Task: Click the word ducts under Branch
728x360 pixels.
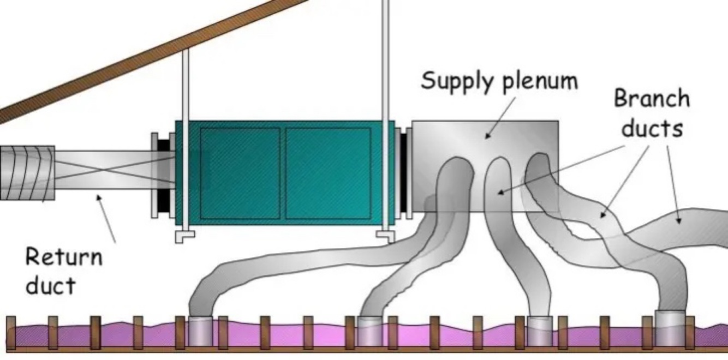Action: [x=653, y=129]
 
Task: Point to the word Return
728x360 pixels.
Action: [x=63, y=256]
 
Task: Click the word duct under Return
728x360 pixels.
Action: [x=50, y=285]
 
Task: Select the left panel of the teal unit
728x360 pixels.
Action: [x=240, y=173]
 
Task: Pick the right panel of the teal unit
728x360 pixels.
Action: [x=328, y=173]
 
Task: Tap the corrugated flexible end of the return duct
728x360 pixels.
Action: [x=27, y=173]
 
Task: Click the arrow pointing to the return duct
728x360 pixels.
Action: [x=106, y=218]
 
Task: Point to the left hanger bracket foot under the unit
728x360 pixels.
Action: [x=184, y=236]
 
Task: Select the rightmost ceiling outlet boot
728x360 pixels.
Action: [x=670, y=327]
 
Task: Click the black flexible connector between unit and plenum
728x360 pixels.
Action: [x=404, y=171]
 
